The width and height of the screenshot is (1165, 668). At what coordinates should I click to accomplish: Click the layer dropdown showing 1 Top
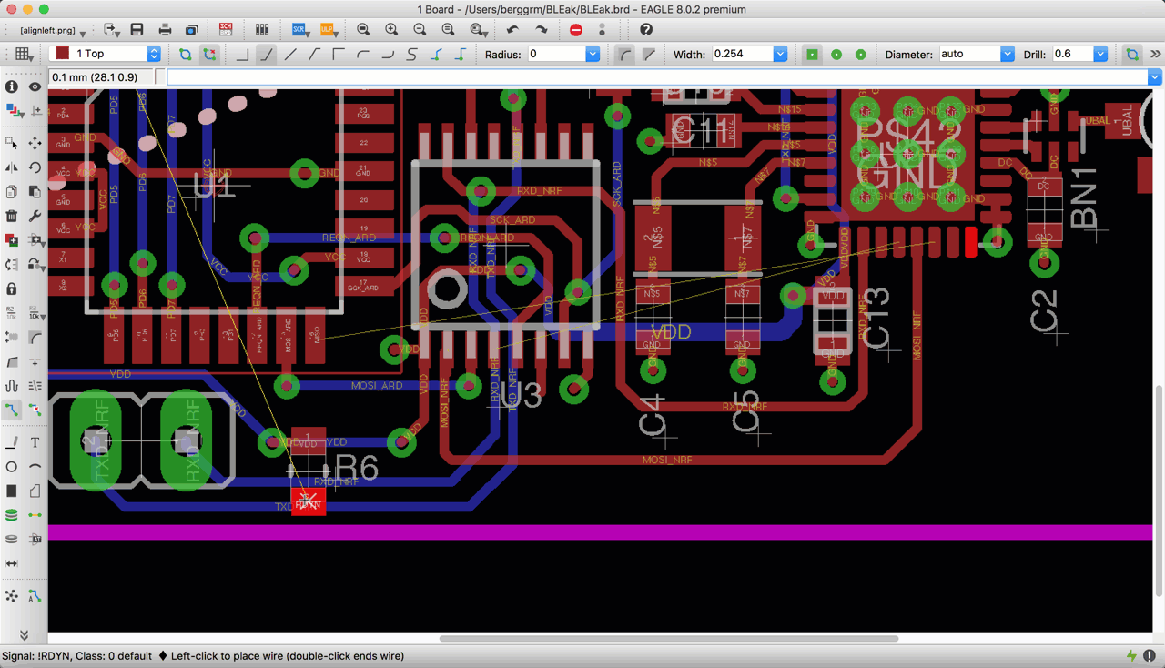pos(105,55)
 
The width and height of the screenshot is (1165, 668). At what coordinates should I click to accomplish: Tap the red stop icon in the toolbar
pos(575,30)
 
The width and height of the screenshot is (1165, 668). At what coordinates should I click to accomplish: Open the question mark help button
pos(646,30)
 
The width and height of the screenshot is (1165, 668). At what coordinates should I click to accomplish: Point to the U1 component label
pos(215,187)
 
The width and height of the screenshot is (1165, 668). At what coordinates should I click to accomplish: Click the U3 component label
pos(521,395)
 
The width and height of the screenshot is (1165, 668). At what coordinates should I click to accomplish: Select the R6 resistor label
pos(356,468)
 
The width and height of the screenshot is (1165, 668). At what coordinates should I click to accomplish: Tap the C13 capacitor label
pos(876,319)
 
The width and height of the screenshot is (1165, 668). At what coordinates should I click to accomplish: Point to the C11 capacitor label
pos(700,131)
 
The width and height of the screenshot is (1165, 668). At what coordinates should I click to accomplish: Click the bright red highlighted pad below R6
pos(308,501)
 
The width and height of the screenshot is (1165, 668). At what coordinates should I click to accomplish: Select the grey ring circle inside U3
pos(447,290)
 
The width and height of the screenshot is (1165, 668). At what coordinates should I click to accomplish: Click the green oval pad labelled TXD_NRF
pos(96,441)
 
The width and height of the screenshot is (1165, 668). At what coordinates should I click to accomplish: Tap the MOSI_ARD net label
pos(377,386)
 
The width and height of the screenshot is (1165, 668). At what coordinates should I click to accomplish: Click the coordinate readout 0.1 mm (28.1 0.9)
pos(95,77)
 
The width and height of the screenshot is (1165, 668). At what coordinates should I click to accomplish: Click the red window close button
pos(12,9)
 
